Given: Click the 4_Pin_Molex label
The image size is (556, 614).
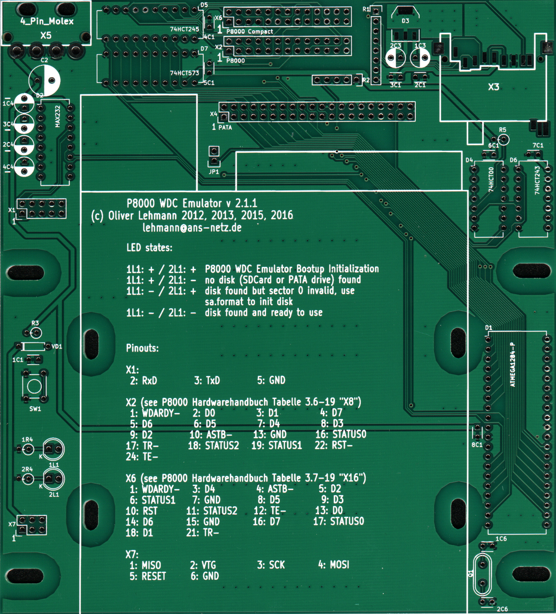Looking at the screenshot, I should tap(47, 21).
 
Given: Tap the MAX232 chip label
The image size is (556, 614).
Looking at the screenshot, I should tap(58, 116).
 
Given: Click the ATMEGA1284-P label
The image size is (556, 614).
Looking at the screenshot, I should tap(513, 364).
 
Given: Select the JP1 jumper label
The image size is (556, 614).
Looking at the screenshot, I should tap(214, 172).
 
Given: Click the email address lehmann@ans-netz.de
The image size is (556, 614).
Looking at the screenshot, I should tap(192, 227).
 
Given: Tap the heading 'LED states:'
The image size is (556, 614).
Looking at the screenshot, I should tap(149, 248).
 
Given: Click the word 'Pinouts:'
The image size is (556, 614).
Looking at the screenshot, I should tap(142, 348).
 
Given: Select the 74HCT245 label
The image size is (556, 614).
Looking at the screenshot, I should tap(184, 29).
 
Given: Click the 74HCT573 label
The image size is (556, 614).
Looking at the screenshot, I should tap(184, 73).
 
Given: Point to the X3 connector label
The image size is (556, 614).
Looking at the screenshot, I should tap(493, 87).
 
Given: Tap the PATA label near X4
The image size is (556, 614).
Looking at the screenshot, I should tap(225, 127).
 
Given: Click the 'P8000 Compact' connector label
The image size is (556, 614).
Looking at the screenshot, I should tap(250, 32).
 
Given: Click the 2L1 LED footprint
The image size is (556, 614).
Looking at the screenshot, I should tap(54, 478).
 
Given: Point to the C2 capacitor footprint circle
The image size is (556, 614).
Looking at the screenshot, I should tap(45, 80).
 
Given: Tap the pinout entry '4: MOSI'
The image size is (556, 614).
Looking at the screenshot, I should tap(333, 564).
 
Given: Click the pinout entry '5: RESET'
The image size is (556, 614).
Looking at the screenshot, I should tap(148, 576).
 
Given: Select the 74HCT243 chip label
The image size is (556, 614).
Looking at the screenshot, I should tap(537, 180).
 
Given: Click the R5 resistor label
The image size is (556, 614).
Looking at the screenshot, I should tap(502, 130).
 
